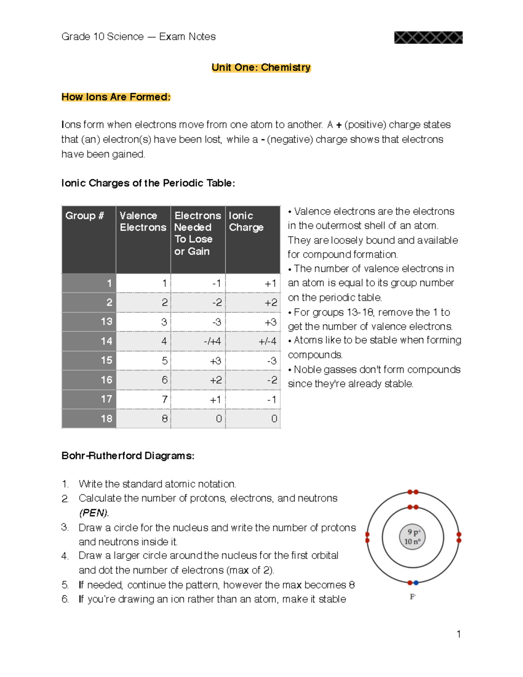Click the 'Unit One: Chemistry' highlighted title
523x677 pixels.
click(x=261, y=68)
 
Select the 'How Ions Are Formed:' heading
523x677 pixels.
click(x=115, y=97)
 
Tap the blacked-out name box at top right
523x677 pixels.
click(x=428, y=37)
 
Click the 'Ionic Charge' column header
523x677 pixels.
click(x=247, y=221)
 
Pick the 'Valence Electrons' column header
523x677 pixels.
click(x=143, y=221)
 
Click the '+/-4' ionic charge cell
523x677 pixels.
click(x=267, y=341)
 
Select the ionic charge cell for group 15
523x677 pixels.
click(x=272, y=361)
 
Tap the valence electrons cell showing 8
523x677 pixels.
click(x=164, y=419)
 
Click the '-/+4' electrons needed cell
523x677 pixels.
click(x=212, y=341)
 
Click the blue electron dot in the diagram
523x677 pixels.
click(x=416, y=583)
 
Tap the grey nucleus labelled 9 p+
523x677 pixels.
click(x=412, y=537)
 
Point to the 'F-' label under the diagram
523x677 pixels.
click(x=413, y=597)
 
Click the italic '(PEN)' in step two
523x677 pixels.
click(x=94, y=513)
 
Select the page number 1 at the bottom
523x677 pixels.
click(x=458, y=634)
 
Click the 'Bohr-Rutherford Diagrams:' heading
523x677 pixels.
click(x=128, y=456)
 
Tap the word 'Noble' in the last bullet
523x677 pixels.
click(x=307, y=370)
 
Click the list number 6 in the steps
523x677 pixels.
click(x=65, y=599)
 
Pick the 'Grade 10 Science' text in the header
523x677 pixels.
click(x=102, y=37)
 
